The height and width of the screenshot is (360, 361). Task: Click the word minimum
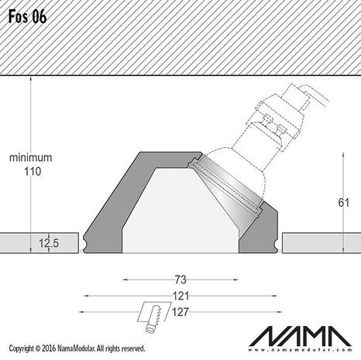pos(30,157)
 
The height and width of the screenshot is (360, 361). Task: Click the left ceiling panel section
pos(39,242)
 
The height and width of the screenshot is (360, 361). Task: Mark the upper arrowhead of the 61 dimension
pos(342,155)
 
